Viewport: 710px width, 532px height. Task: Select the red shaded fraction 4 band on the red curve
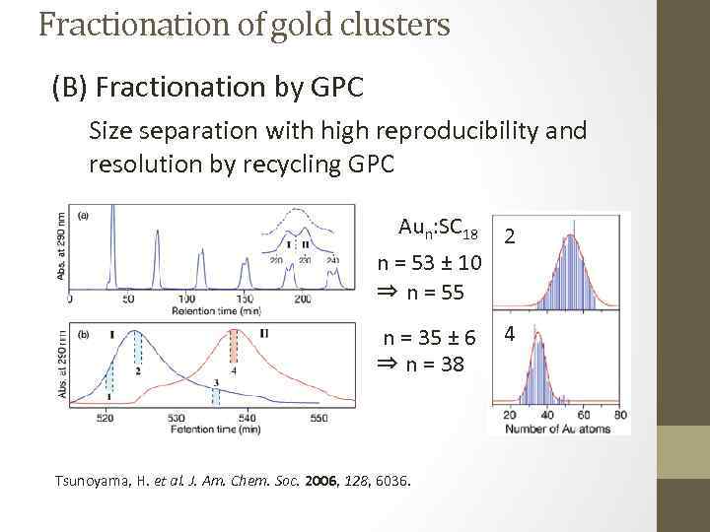click(234, 347)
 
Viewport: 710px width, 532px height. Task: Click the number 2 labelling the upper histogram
click(510, 236)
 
